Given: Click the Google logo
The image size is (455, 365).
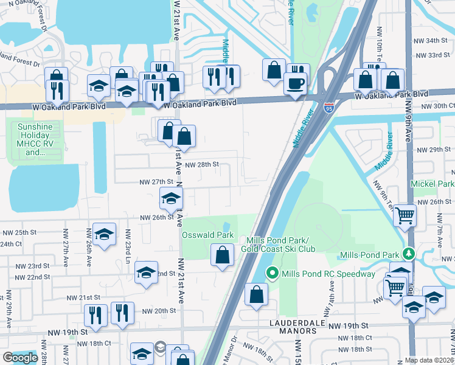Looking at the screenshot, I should coord(20,358).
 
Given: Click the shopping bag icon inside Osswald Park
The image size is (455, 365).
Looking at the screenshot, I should coord(223,255).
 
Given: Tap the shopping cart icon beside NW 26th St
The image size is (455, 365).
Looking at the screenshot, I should coord(405,215).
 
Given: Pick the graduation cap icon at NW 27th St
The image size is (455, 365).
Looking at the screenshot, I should coord(171,198).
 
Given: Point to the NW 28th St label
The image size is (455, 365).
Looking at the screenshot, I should coord(201,165).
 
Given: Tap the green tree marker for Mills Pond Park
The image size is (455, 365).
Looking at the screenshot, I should coord(409,254).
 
